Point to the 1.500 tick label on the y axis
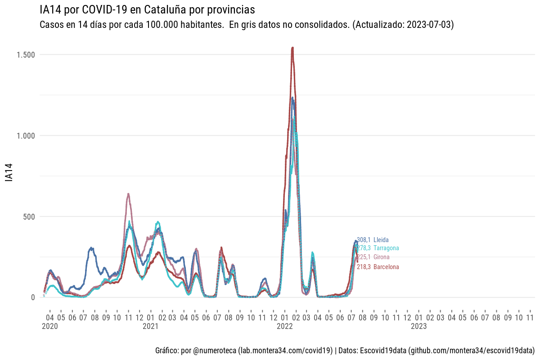coord(25,54)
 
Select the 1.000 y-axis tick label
coord(25,135)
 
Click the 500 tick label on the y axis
coord(29,216)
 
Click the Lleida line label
coord(381,240)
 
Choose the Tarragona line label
coord(386,248)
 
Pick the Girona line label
coord(382,257)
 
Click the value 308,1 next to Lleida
coord(364,240)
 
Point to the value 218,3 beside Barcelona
coord(364,267)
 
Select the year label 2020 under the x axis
coord(49,326)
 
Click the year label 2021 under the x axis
coord(150,326)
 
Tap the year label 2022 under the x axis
coord(285,326)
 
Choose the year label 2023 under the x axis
coord(419,326)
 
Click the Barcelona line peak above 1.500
coord(292,48)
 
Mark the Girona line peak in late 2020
coord(128,194)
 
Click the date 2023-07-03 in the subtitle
coord(428,25)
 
